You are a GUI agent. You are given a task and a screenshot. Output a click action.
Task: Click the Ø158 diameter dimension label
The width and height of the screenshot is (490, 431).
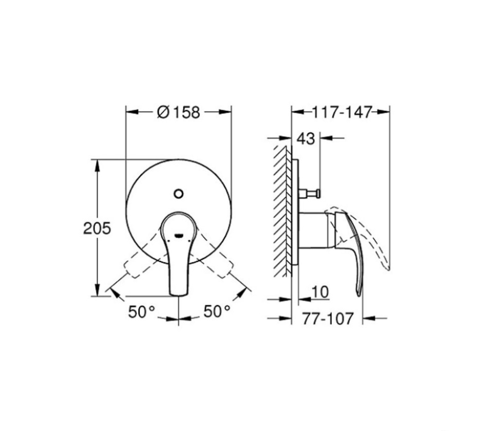pyautogui.click(x=178, y=112)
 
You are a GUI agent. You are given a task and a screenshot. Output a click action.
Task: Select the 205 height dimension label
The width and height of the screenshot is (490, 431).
pyautogui.click(x=97, y=228)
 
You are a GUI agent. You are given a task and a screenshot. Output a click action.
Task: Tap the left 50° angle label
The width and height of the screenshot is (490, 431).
pyautogui.click(x=142, y=312)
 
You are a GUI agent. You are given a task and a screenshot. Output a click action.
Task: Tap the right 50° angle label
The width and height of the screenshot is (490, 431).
pyautogui.click(x=217, y=311)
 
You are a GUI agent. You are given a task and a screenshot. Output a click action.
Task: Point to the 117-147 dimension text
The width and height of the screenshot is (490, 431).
pyautogui.click(x=342, y=112)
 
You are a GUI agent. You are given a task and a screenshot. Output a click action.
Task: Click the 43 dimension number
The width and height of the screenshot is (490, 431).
pyautogui.click(x=306, y=138)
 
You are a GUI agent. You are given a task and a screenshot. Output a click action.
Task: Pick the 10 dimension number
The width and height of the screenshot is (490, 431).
pyautogui.click(x=321, y=292)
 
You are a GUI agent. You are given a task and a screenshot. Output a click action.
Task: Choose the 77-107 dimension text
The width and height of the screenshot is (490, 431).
pyautogui.click(x=328, y=319)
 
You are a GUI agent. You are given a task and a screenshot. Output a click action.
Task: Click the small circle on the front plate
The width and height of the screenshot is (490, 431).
pyautogui.click(x=178, y=194)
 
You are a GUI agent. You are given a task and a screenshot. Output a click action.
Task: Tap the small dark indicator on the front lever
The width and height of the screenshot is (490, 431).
pyautogui.click(x=178, y=235)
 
